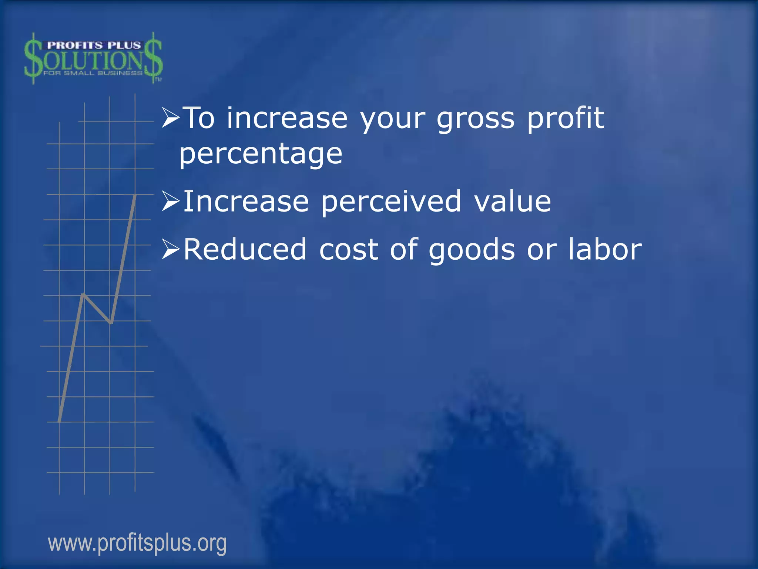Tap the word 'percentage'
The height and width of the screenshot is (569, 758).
(261, 154)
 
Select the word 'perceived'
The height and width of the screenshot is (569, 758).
(391, 202)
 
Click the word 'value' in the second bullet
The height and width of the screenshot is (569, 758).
(513, 202)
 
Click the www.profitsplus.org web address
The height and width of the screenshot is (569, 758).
(137, 543)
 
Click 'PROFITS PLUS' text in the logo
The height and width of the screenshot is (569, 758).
(94, 46)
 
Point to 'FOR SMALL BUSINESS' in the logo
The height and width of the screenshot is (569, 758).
(93, 73)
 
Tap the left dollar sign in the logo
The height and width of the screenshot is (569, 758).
(33, 59)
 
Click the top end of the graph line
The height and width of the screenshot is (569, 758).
(135, 195)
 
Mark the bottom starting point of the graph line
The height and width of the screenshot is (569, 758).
(60, 421)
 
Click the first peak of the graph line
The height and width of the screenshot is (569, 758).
(84, 295)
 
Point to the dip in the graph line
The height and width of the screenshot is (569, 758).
(111, 323)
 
